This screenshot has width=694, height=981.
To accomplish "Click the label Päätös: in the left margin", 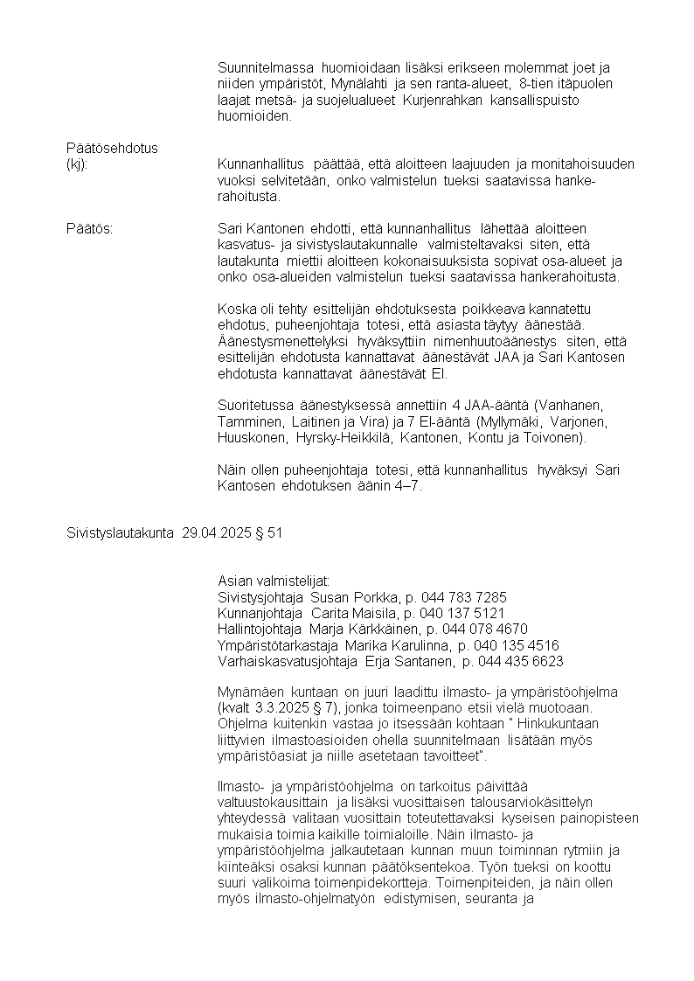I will [x=90, y=229].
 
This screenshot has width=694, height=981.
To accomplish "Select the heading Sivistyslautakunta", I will [x=121, y=532].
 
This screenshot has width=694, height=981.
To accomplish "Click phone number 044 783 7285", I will [x=463, y=597].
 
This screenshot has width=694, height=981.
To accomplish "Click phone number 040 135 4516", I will [x=516, y=645].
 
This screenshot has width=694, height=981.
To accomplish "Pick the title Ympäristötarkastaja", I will [x=272, y=645].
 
